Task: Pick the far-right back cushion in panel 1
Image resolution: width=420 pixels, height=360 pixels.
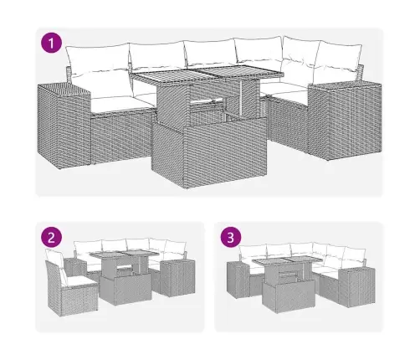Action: (341, 59)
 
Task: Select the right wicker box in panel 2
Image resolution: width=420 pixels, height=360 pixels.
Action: (177, 280)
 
